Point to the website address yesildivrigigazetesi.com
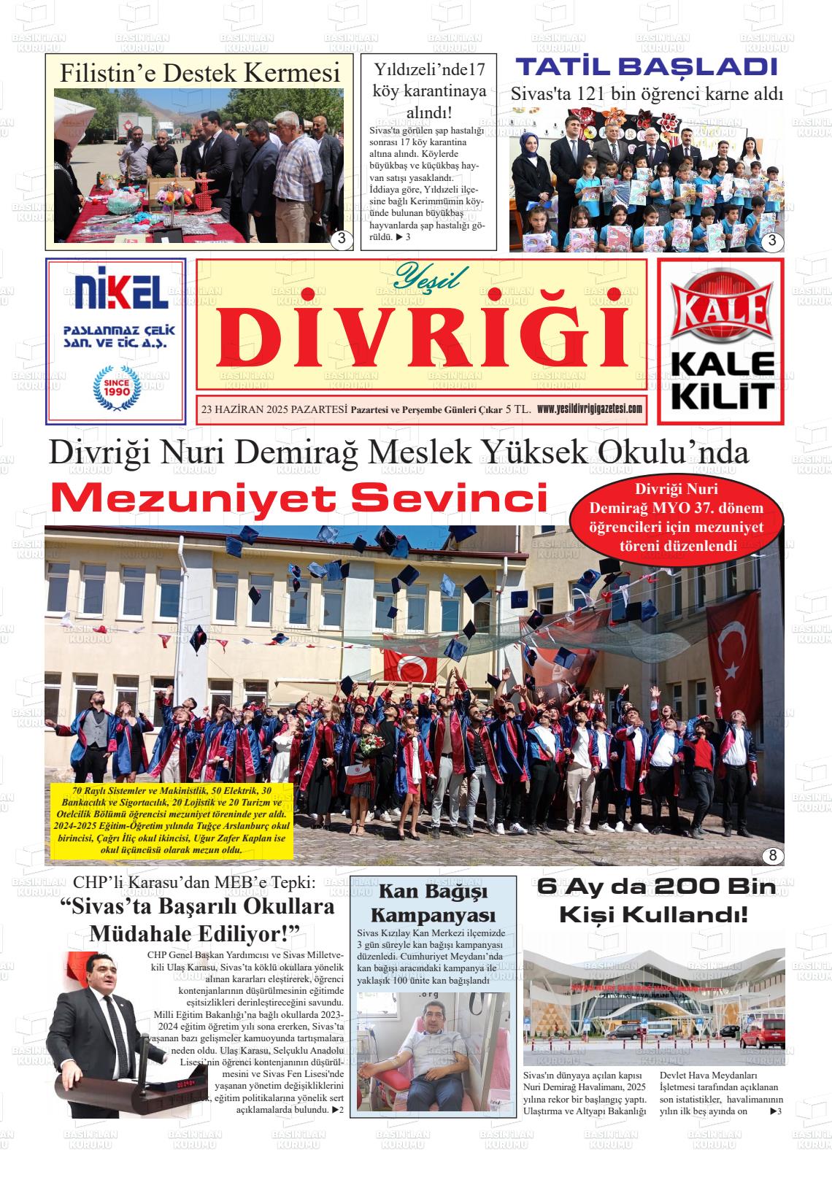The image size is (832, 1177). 589,409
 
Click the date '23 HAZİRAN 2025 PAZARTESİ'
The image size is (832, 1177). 274,410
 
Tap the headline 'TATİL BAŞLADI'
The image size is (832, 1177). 646,68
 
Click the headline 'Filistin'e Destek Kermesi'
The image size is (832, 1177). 200,73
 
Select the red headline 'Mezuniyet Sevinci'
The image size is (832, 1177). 299,498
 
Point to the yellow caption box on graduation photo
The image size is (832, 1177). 173,821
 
